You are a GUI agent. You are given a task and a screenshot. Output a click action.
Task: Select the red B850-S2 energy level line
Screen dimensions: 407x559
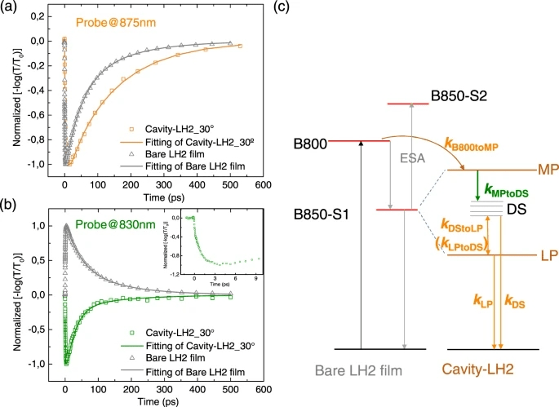coord(419,104)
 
